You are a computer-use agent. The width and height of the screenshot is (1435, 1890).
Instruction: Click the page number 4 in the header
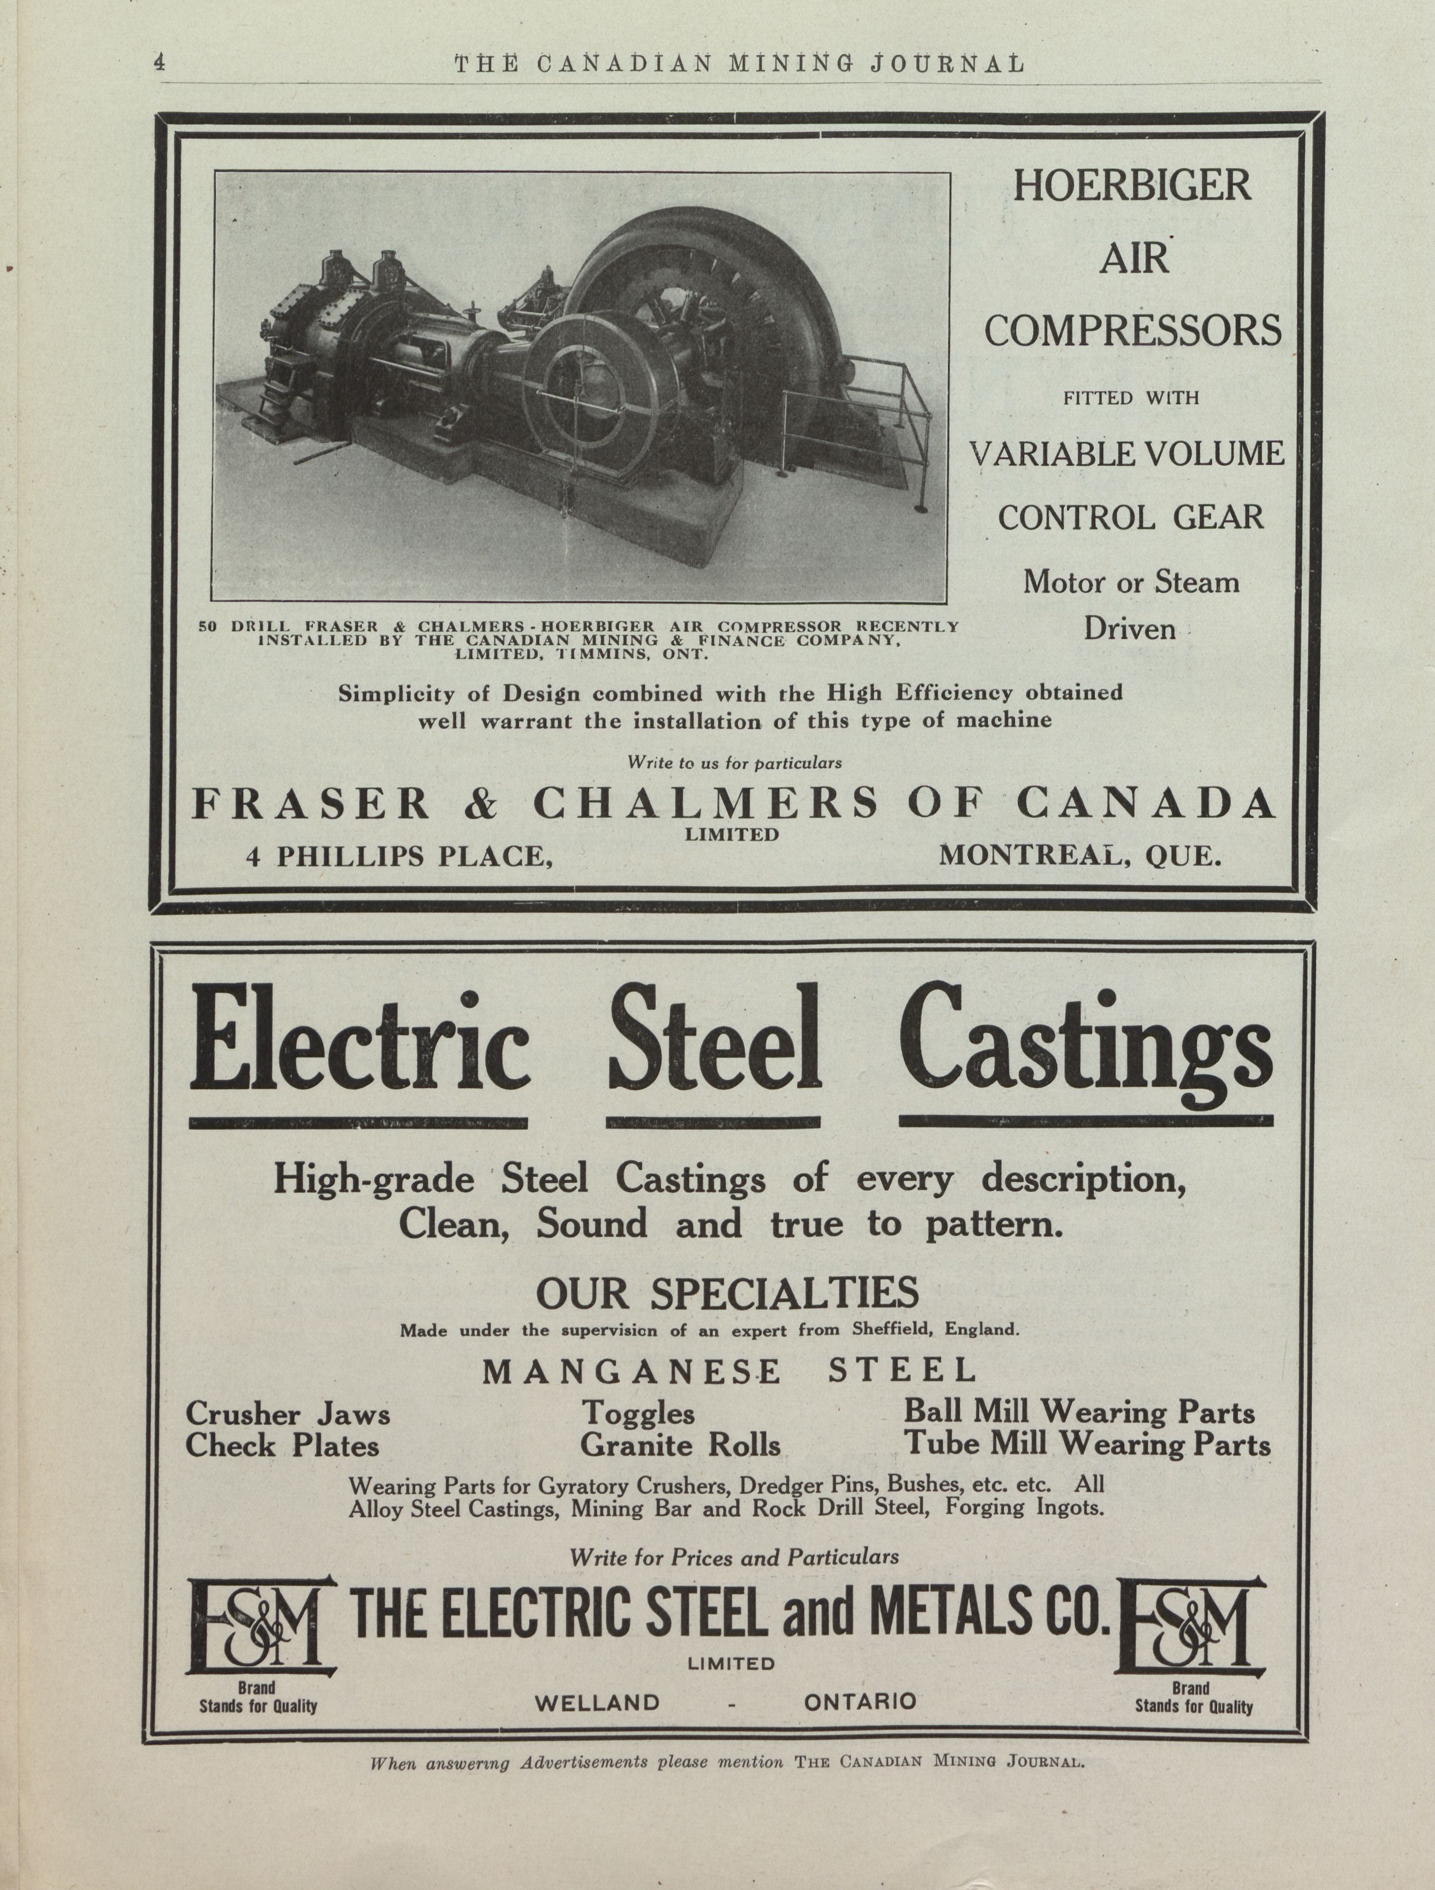coord(159,62)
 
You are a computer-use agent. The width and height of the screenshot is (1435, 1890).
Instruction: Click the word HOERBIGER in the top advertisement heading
coord(1132,185)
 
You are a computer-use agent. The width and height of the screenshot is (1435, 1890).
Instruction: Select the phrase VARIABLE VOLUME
coord(1128,453)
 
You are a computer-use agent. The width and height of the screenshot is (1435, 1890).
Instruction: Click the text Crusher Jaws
coord(288,1414)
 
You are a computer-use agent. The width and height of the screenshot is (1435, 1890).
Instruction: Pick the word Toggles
coord(637,1414)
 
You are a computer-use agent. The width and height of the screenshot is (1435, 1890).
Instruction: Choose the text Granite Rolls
coord(680,1446)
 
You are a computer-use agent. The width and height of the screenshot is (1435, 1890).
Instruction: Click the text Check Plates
coord(282,1446)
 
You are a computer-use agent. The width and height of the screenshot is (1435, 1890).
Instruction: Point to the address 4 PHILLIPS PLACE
coord(396,856)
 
